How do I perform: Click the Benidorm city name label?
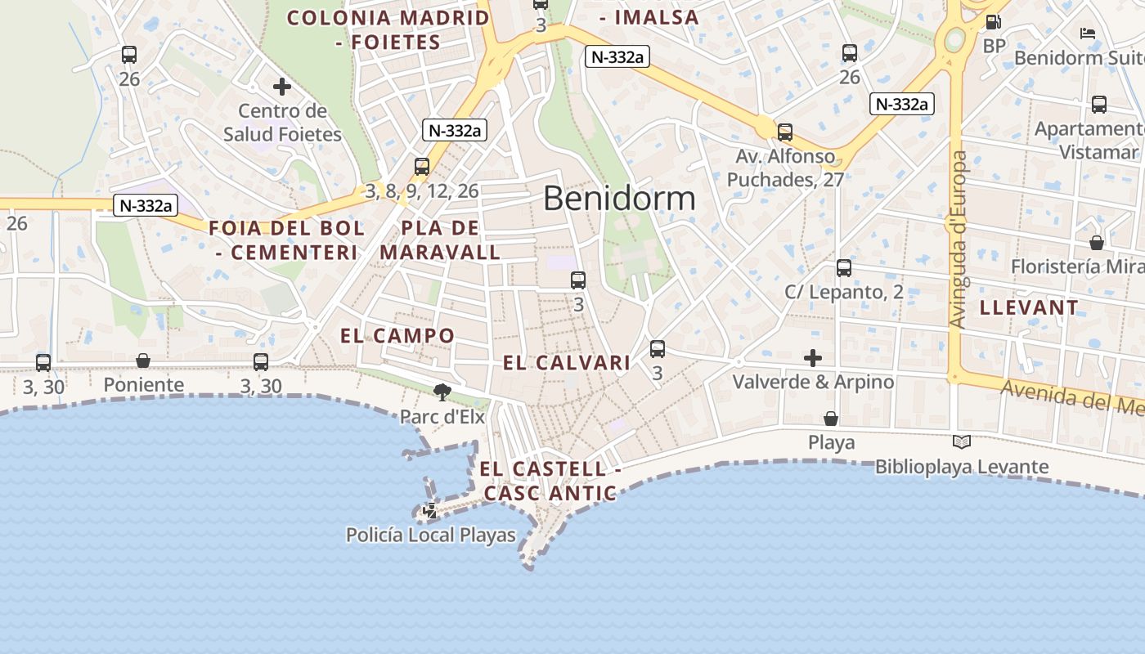tap(619, 199)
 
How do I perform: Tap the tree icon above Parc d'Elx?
tap(442, 392)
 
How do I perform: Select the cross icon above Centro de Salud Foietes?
tap(282, 86)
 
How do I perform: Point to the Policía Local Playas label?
tap(431, 535)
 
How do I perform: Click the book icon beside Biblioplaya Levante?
tap(962, 442)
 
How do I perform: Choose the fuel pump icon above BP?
tap(994, 22)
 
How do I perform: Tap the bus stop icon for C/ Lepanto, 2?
tap(844, 267)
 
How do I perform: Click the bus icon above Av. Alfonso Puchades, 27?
tap(785, 132)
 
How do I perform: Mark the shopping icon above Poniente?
tap(143, 361)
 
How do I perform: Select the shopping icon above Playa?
tap(831, 419)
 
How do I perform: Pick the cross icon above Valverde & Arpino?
tap(813, 358)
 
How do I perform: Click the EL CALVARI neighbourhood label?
tap(566, 363)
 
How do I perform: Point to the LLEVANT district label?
tap(1029, 308)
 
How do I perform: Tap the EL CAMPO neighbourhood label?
tap(397, 335)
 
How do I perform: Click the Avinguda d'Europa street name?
tap(959, 240)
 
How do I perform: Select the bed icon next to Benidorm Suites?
tap(1088, 34)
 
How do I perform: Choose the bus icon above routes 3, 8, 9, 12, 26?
tap(422, 167)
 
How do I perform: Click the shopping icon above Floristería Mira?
tap(1097, 243)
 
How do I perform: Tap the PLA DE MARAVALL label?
tap(440, 240)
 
